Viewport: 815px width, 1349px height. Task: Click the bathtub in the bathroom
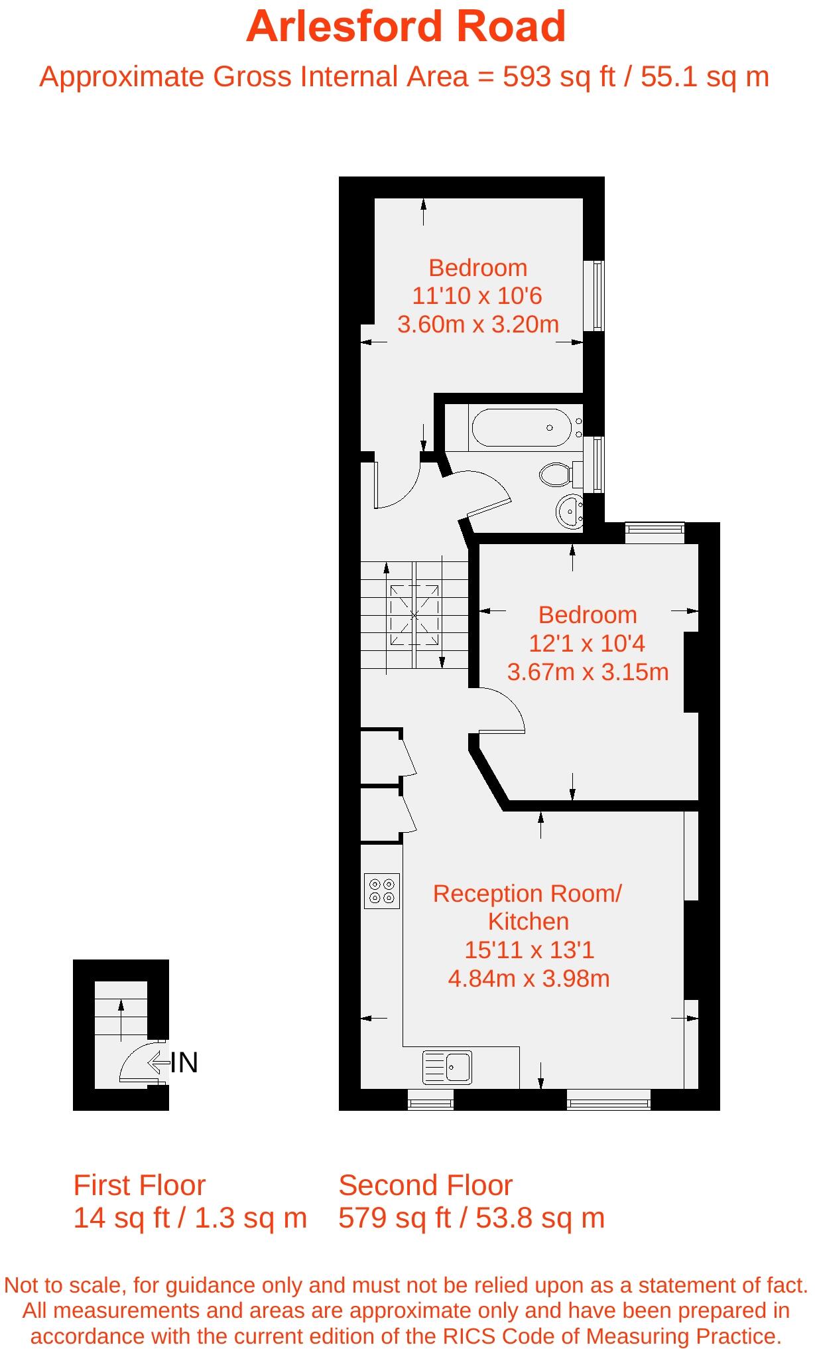pyautogui.click(x=521, y=427)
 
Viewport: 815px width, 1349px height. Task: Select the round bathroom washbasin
pyautogui.click(x=569, y=511)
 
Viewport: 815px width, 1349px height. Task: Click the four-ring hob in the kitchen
pyautogui.click(x=382, y=890)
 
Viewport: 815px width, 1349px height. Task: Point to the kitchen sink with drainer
pyautogui.click(x=447, y=1067)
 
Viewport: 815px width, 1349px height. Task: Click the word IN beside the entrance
pyautogui.click(x=184, y=1063)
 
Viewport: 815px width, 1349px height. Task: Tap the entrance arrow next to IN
pyautogui.click(x=158, y=1063)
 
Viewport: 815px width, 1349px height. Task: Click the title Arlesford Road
pyautogui.click(x=406, y=27)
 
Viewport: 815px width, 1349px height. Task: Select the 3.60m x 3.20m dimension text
pyautogui.click(x=478, y=324)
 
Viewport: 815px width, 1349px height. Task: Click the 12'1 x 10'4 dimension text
pyautogui.click(x=587, y=643)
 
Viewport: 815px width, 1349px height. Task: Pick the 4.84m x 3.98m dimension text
pyautogui.click(x=529, y=978)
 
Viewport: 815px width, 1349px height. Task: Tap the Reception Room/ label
pyautogui.click(x=527, y=894)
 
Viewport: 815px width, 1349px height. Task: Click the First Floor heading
pyautogui.click(x=139, y=1185)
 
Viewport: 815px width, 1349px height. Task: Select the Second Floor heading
pyautogui.click(x=426, y=1185)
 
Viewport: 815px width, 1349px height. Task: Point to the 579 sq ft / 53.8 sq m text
pyautogui.click(x=471, y=1218)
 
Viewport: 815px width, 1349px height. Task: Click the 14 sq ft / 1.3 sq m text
pyautogui.click(x=190, y=1218)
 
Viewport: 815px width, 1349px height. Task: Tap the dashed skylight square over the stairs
pyautogui.click(x=414, y=615)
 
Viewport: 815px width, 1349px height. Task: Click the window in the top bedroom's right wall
pyautogui.click(x=598, y=296)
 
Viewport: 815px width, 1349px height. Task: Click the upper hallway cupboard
pyautogui.click(x=381, y=757)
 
